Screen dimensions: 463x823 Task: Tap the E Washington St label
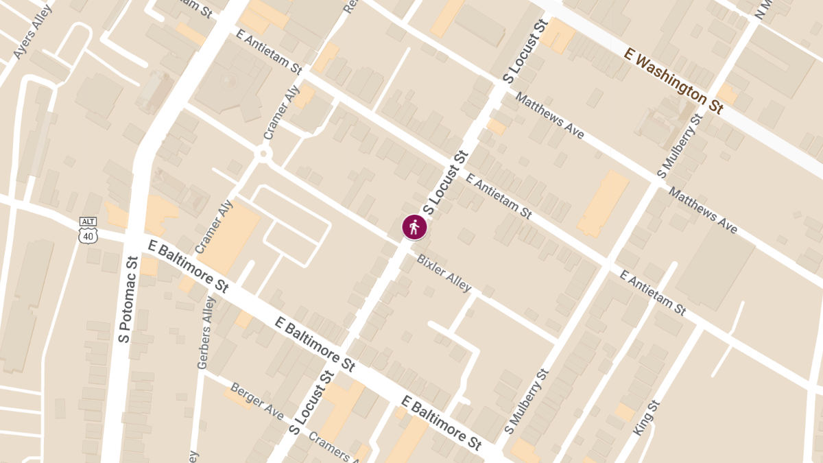[x=673, y=80]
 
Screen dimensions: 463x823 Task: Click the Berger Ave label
[x=257, y=401]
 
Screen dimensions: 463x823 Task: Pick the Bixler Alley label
[x=444, y=272]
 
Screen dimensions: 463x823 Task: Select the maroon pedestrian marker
[x=414, y=227]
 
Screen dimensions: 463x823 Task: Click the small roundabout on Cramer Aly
[x=263, y=155]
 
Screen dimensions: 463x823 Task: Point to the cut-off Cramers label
[x=333, y=446]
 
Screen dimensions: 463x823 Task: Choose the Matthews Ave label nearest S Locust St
[x=549, y=116]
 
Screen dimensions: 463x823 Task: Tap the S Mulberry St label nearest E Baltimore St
[x=527, y=401]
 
